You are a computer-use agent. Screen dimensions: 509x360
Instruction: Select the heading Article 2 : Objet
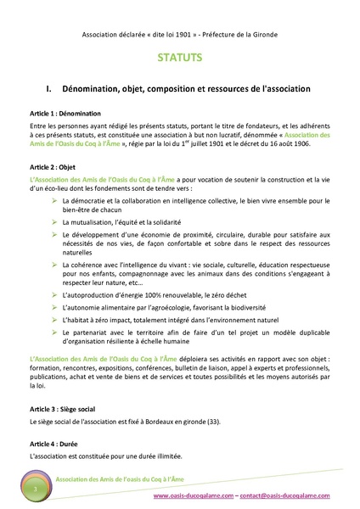pyautogui.click(x=55, y=168)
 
